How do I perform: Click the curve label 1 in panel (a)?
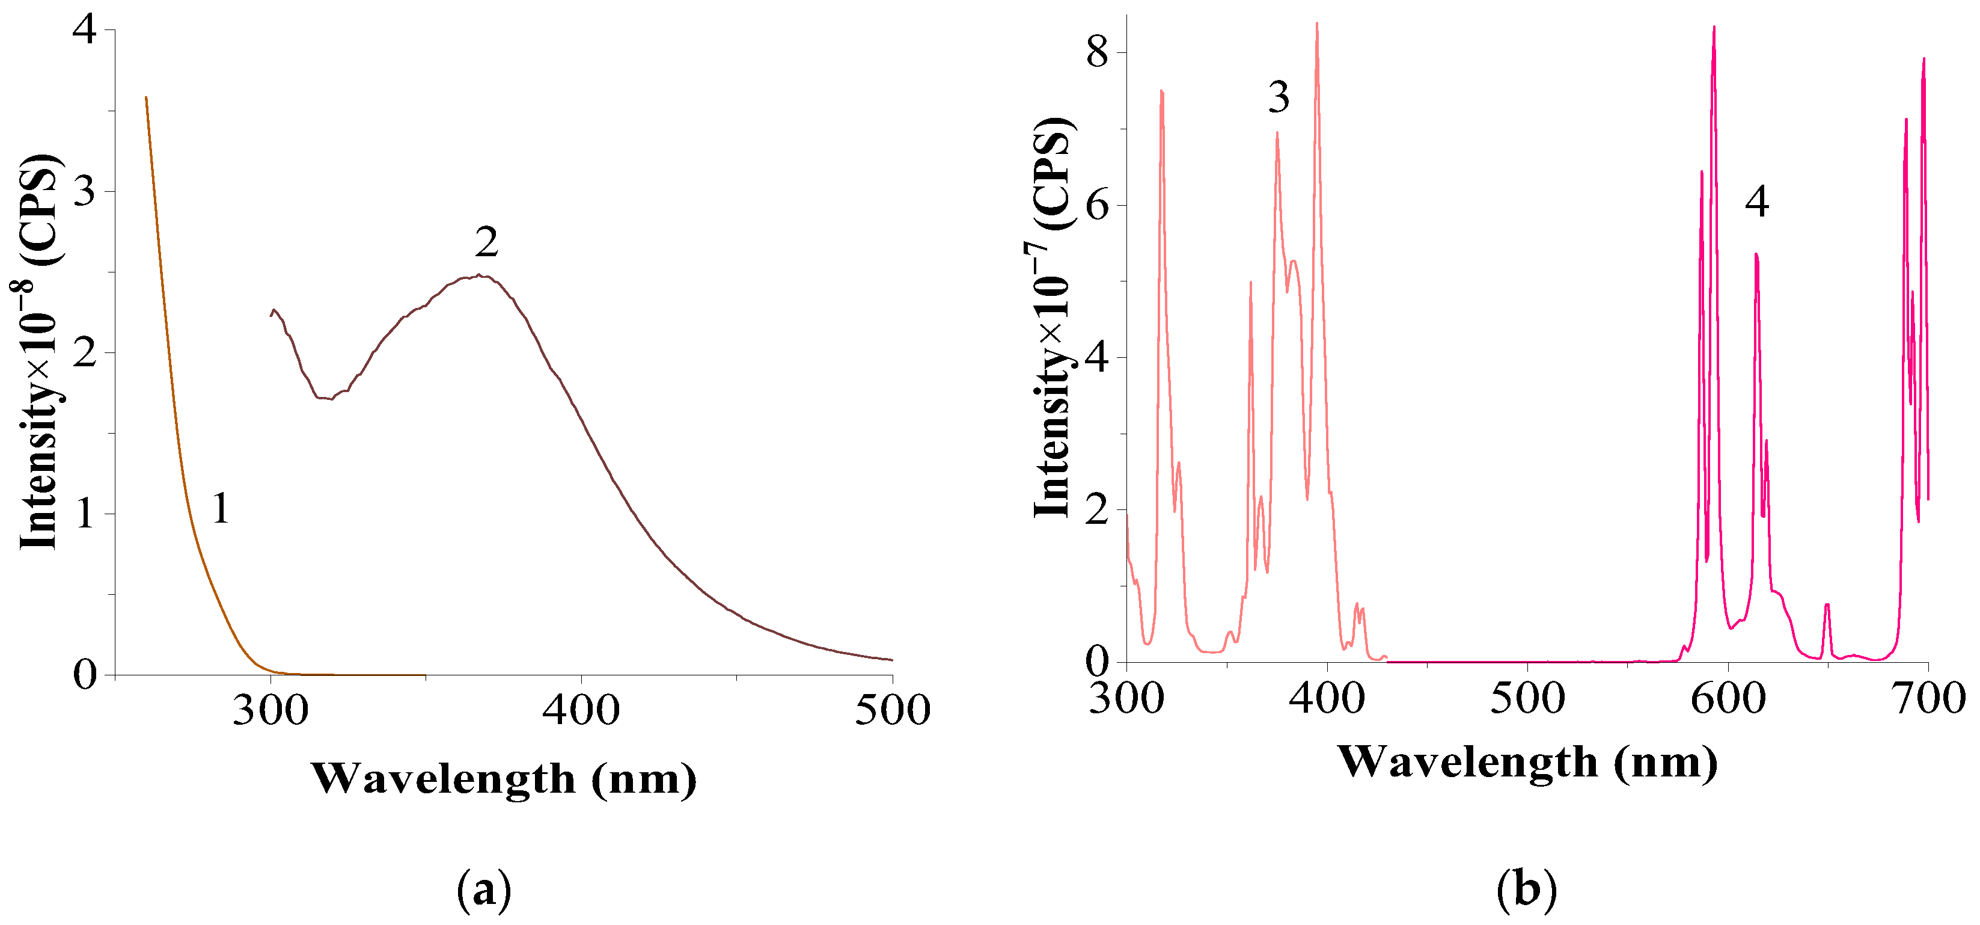click(221, 509)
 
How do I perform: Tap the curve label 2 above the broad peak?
click(486, 243)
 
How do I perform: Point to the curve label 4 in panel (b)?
click(1757, 202)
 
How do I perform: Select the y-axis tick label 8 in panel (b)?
click(1097, 53)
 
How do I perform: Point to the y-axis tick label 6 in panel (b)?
click(1097, 206)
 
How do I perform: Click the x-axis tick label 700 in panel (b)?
click(1928, 699)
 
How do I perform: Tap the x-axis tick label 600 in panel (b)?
click(1728, 699)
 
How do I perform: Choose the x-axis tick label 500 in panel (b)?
click(1527, 699)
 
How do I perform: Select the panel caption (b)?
click(1527, 890)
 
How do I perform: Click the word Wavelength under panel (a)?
click(444, 779)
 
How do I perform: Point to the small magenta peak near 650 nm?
click(1826, 606)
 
